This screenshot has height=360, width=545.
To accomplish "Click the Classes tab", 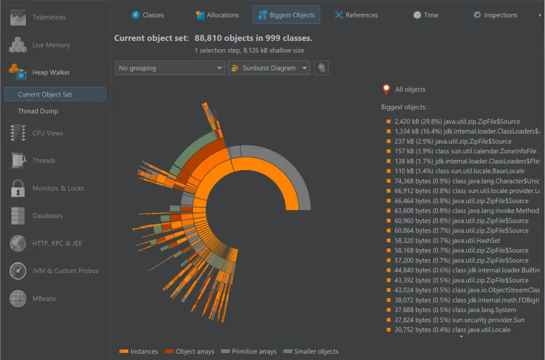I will click(148, 15).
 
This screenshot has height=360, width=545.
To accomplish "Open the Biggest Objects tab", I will click(286, 15).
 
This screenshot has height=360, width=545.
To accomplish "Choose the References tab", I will click(356, 15).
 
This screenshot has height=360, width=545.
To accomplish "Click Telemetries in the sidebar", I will click(49, 18).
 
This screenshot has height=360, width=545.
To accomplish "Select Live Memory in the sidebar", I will click(51, 45).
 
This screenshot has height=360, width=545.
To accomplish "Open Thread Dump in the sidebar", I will click(38, 111).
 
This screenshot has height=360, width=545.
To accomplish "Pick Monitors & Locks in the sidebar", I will click(58, 188).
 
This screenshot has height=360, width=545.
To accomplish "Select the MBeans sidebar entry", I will click(44, 298).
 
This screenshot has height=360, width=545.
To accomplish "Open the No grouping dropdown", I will click(170, 68).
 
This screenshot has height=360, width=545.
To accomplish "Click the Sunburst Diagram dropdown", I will click(269, 68).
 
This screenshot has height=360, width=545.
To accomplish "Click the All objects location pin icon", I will click(386, 89).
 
